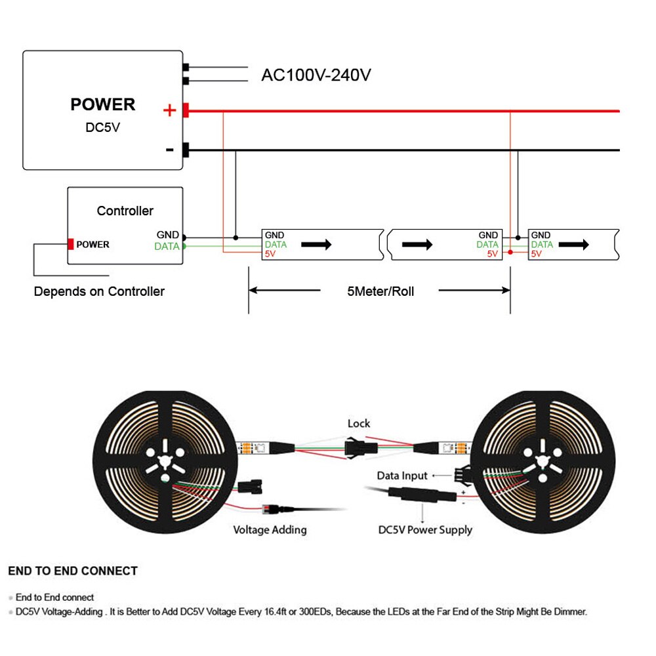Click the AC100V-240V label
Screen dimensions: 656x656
[x=316, y=75]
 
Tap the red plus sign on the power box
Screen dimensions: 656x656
[x=169, y=110]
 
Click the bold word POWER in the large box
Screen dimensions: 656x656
[x=103, y=104]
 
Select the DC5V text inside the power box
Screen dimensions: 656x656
[x=103, y=127]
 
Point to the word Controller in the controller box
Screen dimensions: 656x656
[x=125, y=211]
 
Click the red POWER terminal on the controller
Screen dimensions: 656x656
[x=70, y=244]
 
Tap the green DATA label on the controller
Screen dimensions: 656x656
[x=167, y=247]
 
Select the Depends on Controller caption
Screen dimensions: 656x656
[x=99, y=291]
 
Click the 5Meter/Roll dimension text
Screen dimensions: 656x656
[x=380, y=291]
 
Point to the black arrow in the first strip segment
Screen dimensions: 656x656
[x=316, y=244]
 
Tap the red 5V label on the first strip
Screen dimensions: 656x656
[x=270, y=253]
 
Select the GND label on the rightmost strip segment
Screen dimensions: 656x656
[x=541, y=235]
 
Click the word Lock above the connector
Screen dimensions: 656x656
[x=359, y=424]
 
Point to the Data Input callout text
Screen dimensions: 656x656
[x=402, y=476]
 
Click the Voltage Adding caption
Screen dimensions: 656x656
[x=270, y=529]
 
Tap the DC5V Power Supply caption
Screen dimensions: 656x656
[x=425, y=529]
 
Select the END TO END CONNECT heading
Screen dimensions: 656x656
[x=73, y=571]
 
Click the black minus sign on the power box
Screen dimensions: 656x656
[x=169, y=150]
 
